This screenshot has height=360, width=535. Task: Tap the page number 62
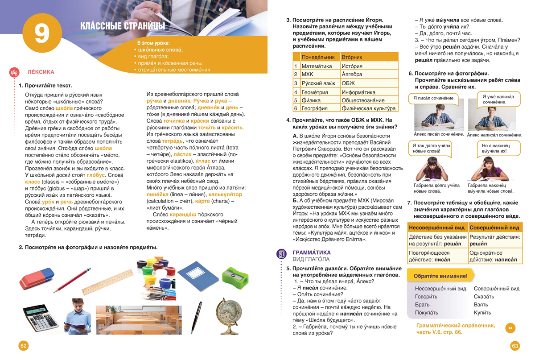point(24,346)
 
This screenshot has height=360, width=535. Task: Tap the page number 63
point(515,346)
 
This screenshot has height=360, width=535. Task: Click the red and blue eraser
point(37,278)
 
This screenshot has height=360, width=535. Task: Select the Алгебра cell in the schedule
point(352,74)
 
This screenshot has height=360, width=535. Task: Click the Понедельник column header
point(318,57)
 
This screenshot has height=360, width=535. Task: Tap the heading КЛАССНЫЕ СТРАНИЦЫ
point(123,26)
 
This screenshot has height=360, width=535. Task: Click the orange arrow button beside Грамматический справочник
point(510,328)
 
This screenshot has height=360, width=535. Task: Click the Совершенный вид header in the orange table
point(494,228)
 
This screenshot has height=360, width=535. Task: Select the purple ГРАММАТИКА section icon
point(282,254)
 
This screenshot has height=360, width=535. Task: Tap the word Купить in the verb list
point(482,313)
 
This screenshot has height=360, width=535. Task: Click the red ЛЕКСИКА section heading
point(41,72)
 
